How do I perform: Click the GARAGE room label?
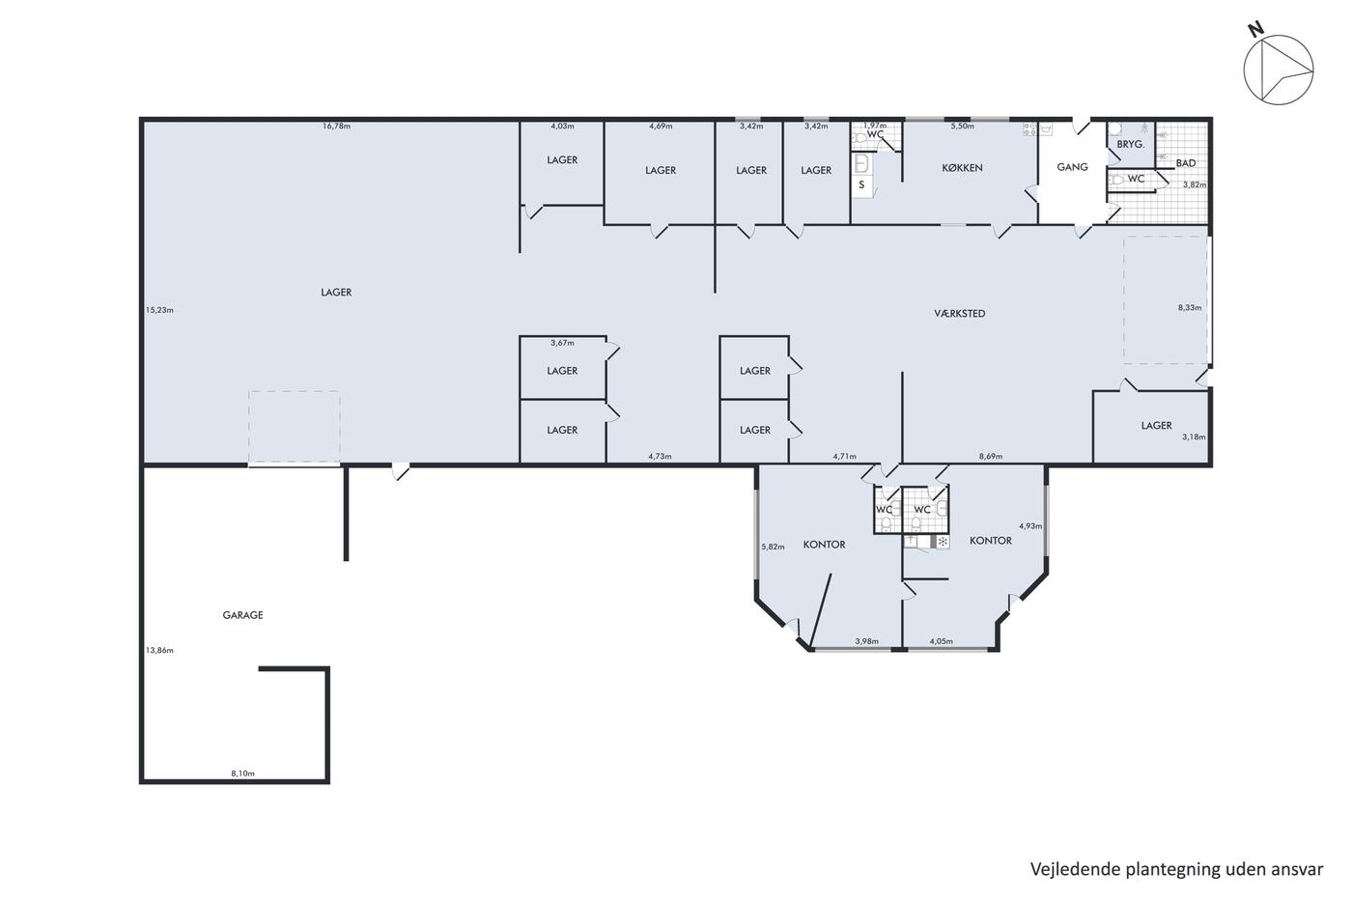[x=242, y=615]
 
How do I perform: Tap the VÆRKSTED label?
[x=960, y=313]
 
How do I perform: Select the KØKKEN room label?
[x=962, y=168]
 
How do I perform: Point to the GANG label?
[x=1073, y=166]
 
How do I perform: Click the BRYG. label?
[x=1131, y=144]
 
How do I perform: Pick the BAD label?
[x=1186, y=163]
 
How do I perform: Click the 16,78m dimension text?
[x=336, y=127]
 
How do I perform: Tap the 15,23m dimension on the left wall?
[x=159, y=310]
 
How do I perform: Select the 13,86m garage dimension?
[x=159, y=651]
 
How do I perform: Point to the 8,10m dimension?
[x=242, y=774]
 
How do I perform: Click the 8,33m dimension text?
[x=1190, y=308]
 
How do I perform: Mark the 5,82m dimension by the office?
[x=773, y=547]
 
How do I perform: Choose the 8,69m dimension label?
[x=991, y=456]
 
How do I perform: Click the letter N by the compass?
[x=1256, y=30]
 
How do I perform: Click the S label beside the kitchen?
[x=861, y=184]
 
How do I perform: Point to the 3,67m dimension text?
[x=562, y=343]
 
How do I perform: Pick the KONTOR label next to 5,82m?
[x=824, y=545]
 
